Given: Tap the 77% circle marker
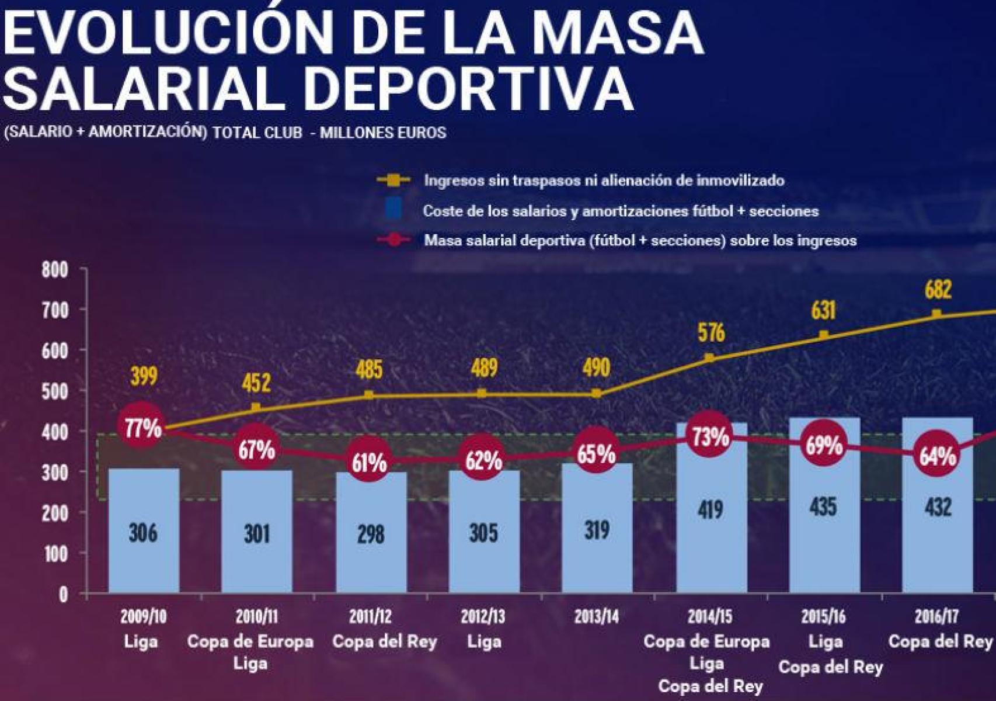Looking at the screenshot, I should tap(142, 428).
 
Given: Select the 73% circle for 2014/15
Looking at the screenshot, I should tap(710, 436).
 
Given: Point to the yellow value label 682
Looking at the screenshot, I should tap(938, 290).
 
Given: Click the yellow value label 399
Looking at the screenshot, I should tap(144, 376).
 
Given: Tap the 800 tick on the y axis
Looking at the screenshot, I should tap(55, 270).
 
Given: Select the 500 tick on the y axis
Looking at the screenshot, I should tap(55, 391).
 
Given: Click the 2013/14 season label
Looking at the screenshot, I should tap(596, 616).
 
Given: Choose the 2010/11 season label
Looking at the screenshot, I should tap(256, 616).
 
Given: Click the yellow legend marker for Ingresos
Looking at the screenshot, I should tap(393, 181).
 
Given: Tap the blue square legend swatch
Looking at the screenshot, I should tap(394, 210).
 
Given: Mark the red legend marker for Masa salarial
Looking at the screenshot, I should tap(394, 240).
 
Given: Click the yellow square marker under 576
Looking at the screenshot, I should tap(709, 358).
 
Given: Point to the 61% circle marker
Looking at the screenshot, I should tap(369, 462).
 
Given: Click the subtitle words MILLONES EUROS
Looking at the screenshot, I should tap(383, 133).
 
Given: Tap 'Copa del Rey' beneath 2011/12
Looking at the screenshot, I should tap(384, 642).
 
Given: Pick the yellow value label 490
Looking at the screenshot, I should tap(596, 368).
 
